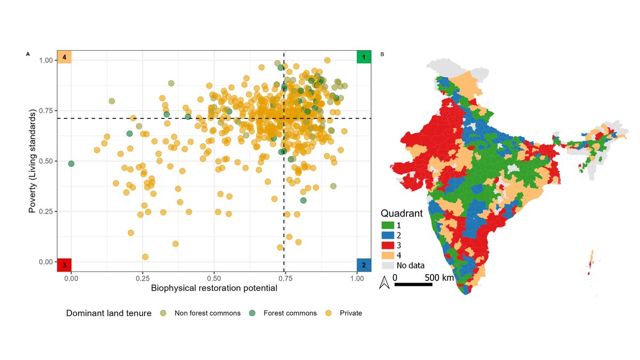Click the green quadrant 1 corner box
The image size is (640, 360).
point(364,57)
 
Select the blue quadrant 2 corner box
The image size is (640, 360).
point(364,265)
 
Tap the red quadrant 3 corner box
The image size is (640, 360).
point(64,265)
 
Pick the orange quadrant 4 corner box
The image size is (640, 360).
point(64,57)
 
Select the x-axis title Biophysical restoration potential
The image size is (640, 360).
point(214,289)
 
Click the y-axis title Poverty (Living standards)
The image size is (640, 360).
point(33,161)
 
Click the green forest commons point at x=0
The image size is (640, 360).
point(71,163)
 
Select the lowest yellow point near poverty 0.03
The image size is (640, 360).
point(145,257)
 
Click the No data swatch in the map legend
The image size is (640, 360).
point(388,265)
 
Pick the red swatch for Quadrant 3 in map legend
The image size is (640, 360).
point(388,245)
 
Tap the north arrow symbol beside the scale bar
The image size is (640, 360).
point(383,283)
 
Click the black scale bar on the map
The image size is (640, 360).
point(413,284)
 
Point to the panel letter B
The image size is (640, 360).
point(382,54)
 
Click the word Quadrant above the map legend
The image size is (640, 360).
point(405,213)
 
